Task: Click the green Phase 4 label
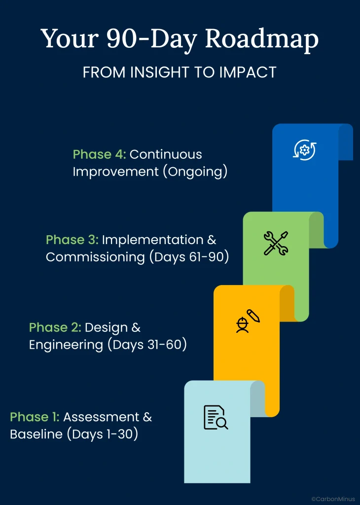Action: tap(100, 154)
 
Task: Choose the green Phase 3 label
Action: tap(72, 240)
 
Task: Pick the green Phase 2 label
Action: tap(55, 327)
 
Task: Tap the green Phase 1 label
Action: tap(35, 417)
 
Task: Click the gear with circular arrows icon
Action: tap(304, 149)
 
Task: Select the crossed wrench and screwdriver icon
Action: tap(276, 243)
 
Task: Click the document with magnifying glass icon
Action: tap(216, 417)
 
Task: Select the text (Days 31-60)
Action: tap(147, 345)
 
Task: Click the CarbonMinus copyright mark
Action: tap(333, 499)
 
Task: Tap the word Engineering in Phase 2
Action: tap(67, 345)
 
